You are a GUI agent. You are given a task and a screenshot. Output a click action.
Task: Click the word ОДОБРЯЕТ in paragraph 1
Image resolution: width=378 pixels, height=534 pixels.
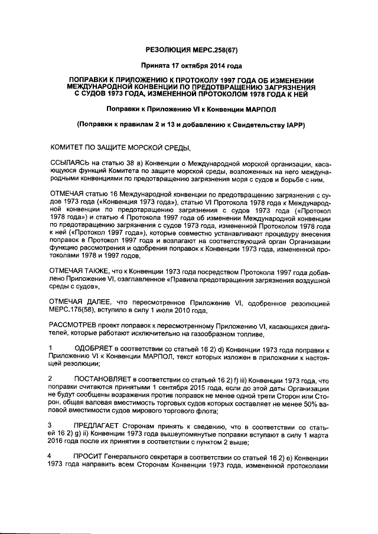pos(97,350)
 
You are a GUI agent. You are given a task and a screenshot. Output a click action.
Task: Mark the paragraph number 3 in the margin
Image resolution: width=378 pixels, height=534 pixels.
pos(50,424)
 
